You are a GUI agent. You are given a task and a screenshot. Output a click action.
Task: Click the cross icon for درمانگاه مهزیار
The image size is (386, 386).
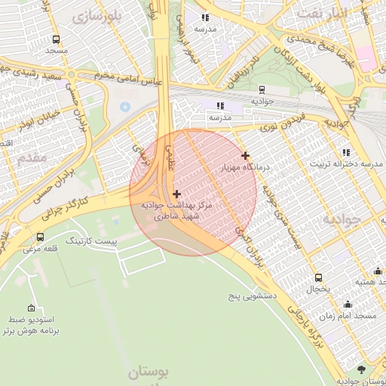point(245,155)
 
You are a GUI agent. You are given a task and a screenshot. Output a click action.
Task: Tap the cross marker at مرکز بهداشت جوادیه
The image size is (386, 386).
point(176,194)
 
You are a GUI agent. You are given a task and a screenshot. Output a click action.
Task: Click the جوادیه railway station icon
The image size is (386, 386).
point(262,89)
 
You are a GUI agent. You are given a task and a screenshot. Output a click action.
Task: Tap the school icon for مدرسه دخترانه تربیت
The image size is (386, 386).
point(346,152)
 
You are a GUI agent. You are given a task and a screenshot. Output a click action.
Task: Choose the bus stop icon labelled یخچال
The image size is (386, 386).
point(318,277)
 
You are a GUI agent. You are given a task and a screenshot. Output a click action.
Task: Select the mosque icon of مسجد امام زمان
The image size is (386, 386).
point(348,305)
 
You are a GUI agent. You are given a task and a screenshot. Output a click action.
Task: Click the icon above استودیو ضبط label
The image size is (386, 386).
point(31,308)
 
